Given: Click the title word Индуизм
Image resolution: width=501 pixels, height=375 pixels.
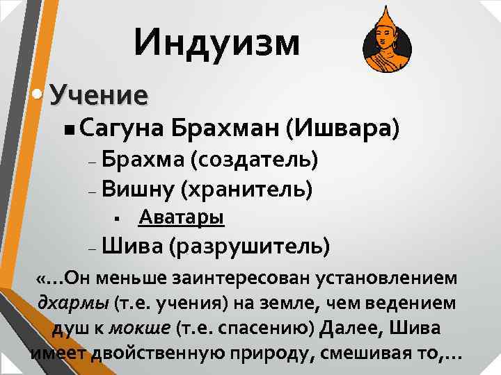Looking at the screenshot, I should click(x=218, y=42).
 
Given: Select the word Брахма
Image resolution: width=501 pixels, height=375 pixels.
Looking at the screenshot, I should click(x=141, y=160).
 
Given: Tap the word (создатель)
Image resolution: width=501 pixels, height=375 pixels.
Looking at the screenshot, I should click(x=255, y=160).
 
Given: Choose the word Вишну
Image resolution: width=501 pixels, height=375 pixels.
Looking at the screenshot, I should click(x=136, y=187).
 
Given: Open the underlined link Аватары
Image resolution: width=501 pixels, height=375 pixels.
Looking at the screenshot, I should click(x=181, y=218).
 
